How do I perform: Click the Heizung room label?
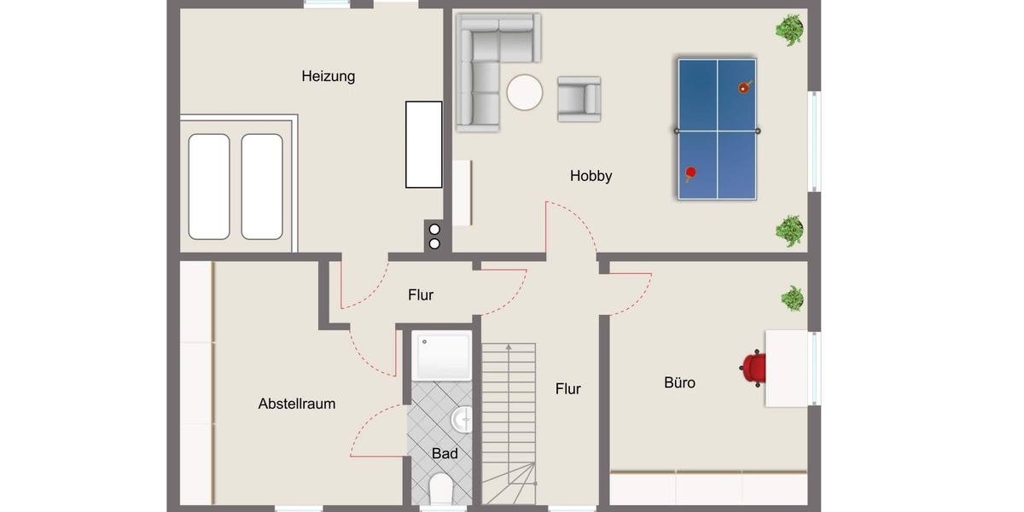[x=329, y=77]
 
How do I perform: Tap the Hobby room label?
[x=591, y=177]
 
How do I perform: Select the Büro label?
[x=679, y=383]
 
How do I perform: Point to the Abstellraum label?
[x=297, y=404]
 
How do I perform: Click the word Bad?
[x=445, y=454]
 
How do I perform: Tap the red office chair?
[x=753, y=368]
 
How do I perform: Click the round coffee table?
[x=525, y=92]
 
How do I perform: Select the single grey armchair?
[x=579, y=98]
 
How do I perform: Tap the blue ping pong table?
[x=718, y=130]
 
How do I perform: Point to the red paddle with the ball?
[x=744, y=86]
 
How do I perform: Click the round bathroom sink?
[x=462, y=418]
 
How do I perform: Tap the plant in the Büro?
[x=792, y=299]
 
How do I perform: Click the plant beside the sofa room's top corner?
[x=789, y=31]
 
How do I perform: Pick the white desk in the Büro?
[x=786, y=368]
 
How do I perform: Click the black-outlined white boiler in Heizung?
[x=423, y=144]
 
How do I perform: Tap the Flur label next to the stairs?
[x=568, y=389]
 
